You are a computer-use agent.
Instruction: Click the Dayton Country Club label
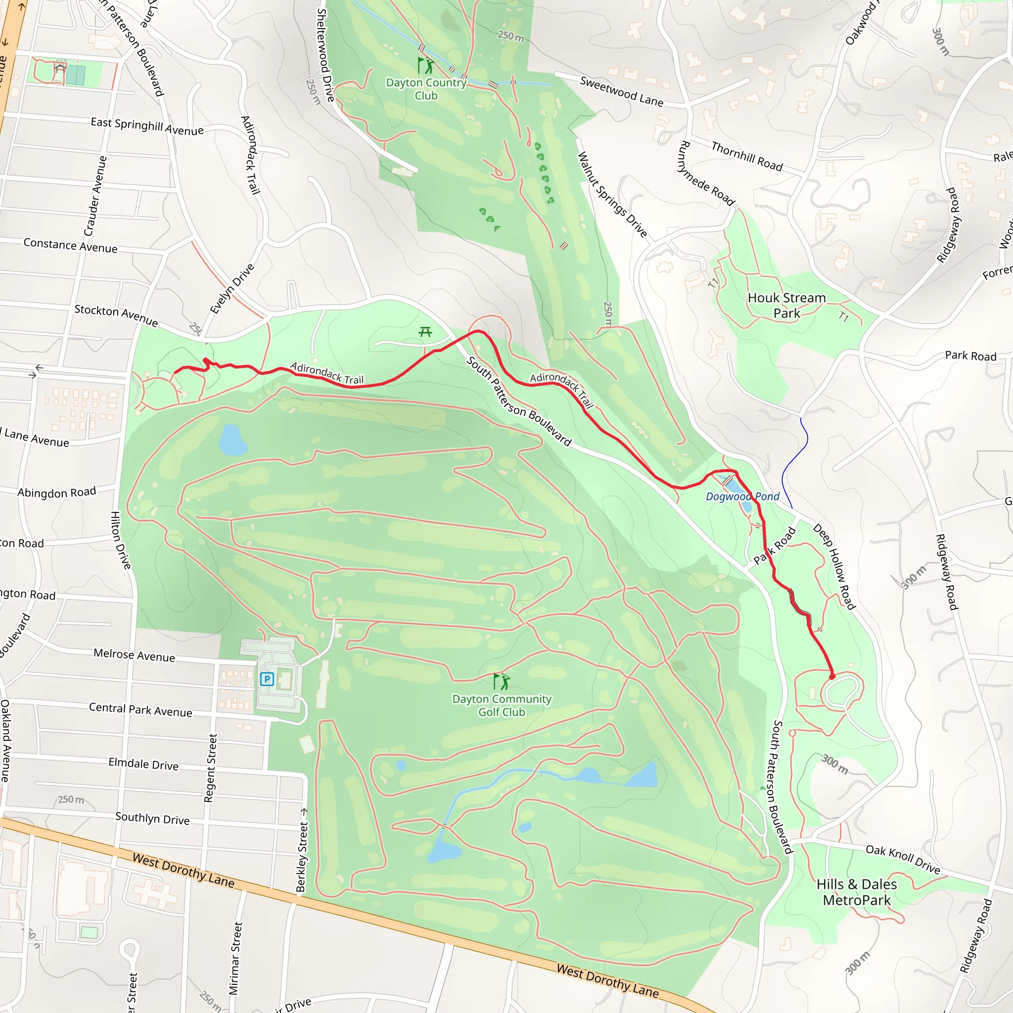coord(426,89)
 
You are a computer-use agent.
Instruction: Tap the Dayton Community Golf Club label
coord(502,705)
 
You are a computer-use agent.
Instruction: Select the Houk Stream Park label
coord(786,305)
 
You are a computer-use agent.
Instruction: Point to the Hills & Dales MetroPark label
coord(857,892)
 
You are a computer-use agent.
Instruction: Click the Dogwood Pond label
coord(742,497)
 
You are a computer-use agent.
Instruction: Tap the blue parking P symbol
coord(267,680)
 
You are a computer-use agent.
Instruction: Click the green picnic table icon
coord(425,332)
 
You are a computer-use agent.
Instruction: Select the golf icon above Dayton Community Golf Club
coord(501,682)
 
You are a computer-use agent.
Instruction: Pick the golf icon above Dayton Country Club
coord(426,66)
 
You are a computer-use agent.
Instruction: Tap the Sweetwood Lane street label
coord(621,91)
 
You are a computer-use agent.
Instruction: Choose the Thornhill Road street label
coord(746,156)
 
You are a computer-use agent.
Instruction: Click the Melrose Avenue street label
coord(134,655)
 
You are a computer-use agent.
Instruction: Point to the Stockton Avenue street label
coord(116,315)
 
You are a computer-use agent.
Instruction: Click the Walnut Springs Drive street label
coord(612,194)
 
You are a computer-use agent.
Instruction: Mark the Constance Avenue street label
coord(70,246)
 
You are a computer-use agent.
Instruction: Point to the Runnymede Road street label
coord(707,173)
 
